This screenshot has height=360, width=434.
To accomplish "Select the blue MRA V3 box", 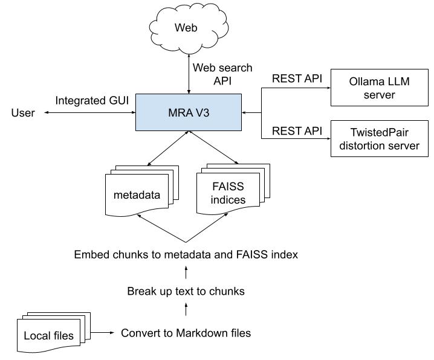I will pyautogui.click(x=189, y=112).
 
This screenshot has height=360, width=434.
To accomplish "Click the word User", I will pyautogui.click(x=22, y=112).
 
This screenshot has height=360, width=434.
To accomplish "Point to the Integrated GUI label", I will pyautogui.click(x=92, y=100).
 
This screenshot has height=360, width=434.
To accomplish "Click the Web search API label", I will pyautogui.click(x=222, y=74).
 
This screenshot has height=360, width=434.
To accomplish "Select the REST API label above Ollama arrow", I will pyautogui.click(x=297, y=79).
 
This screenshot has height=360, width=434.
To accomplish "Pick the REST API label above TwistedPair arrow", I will pyautogui.click(x=297, y=130).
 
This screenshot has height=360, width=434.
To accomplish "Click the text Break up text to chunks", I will pyautogui.click(x=186, y=291).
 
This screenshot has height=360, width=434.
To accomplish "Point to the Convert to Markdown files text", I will pyautogui.click(x=186, y=333).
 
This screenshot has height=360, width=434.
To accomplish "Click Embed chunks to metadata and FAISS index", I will pyautogui.click(x=186, y=254).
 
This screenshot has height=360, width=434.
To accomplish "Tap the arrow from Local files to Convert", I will pyautogui.click(x=103, y=333).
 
